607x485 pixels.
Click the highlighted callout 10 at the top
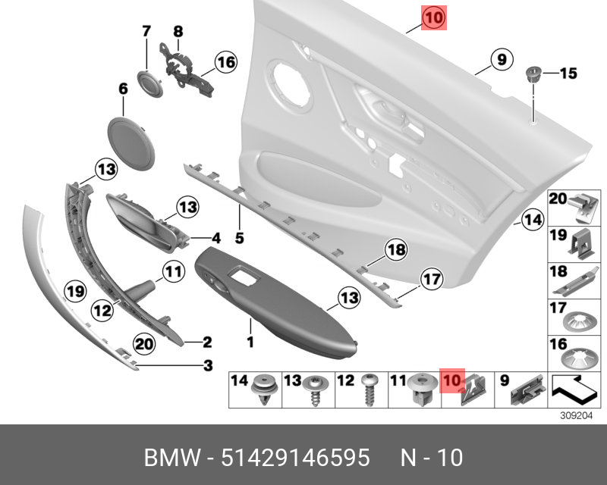pyautogui.click(x=435, y=17)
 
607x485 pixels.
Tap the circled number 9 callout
pyautogui.click(x=500, y=58)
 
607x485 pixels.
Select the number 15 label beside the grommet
pyautogui.click(x=568, y=74)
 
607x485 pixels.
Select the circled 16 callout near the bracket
pyautogui.click(x=225, y=62)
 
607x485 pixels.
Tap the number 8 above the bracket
pyautogui.click(x=178, y=32)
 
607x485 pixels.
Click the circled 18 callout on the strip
pyautogui.click(x=395, y=249)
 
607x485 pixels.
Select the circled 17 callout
pyautogui.click(x=431, y=280)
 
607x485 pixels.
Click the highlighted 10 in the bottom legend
pyautogui.click(x=452, y=380)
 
